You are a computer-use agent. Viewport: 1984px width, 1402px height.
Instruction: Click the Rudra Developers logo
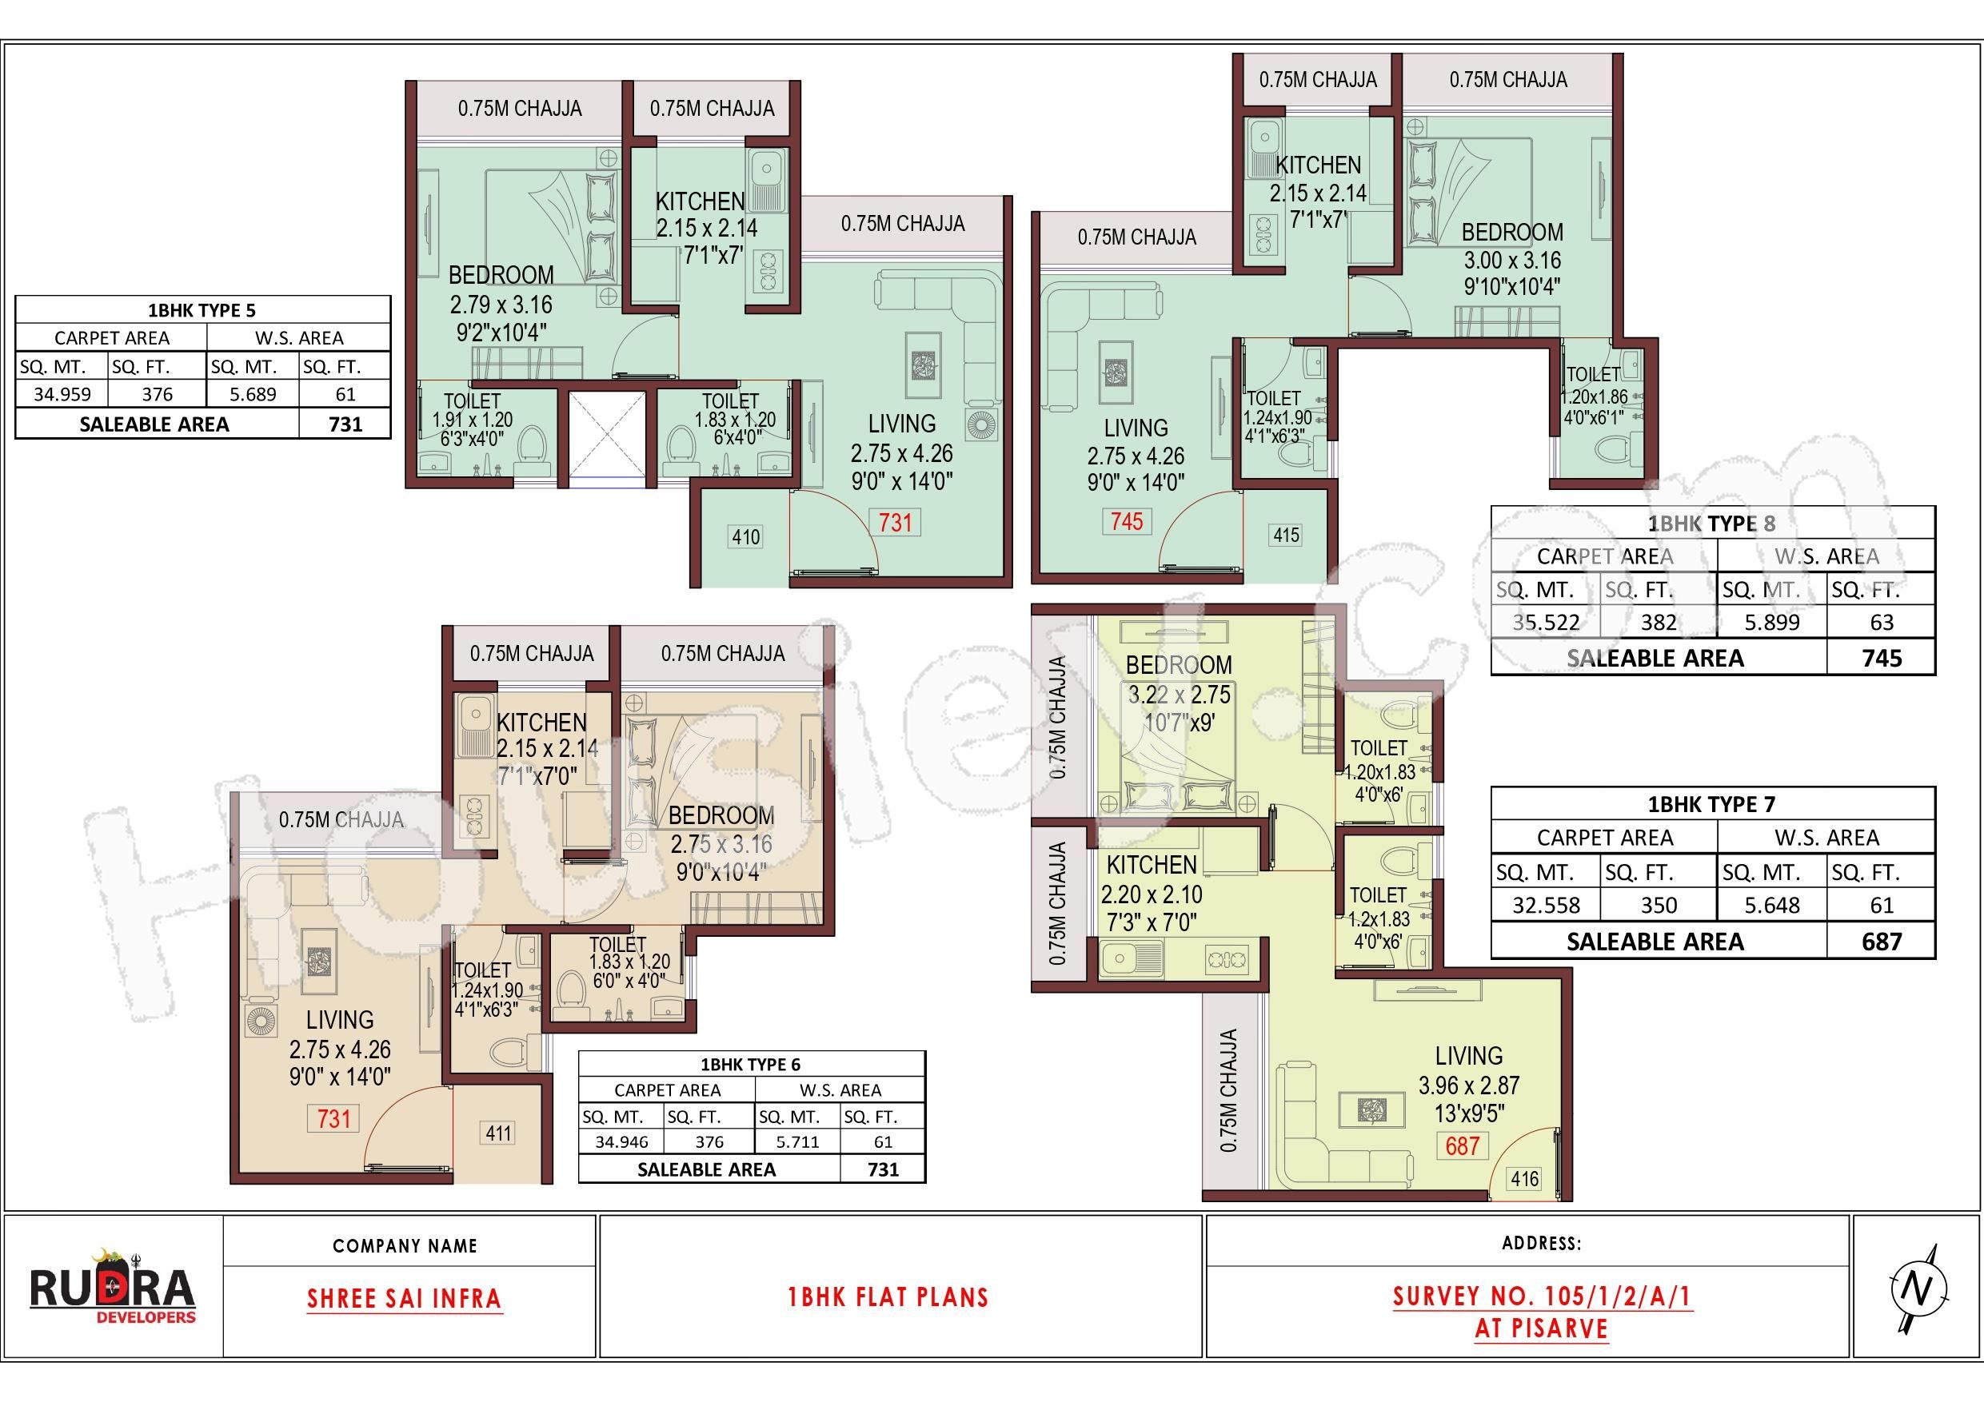click(x=112, y=1285)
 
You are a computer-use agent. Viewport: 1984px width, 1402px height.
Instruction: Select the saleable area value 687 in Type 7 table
click(x=1881, y=941)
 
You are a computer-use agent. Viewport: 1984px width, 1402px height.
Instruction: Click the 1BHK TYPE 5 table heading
click(x=202, y=310)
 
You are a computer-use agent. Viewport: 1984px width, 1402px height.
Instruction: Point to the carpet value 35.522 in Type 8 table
click(x=1546, y=622)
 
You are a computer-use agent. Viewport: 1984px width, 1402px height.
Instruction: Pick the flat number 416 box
click(x=1524, y=1178)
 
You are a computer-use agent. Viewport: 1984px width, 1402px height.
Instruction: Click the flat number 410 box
click(x=746, y=536)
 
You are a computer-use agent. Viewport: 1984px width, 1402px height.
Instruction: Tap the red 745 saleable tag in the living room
click(x=1127, y=521)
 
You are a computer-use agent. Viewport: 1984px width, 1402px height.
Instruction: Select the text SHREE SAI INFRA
click(x=405, y=1298)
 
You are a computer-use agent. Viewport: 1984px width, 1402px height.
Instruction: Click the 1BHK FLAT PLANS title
click(x=888, y=1296)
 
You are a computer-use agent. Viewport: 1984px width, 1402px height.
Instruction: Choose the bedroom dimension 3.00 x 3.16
click(x=1511, y=260)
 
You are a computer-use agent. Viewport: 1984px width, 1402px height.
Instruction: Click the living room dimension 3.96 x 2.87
click(x=1469, y=1085)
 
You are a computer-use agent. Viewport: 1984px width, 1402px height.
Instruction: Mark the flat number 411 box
click(x=498, y=1133)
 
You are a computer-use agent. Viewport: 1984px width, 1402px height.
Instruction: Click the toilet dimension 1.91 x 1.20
click(x=473, y=420)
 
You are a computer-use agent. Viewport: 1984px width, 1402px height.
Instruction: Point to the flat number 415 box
click(x=1286, y=535)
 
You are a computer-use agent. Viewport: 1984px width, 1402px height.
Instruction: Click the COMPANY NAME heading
click(x=405, y=1245)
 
